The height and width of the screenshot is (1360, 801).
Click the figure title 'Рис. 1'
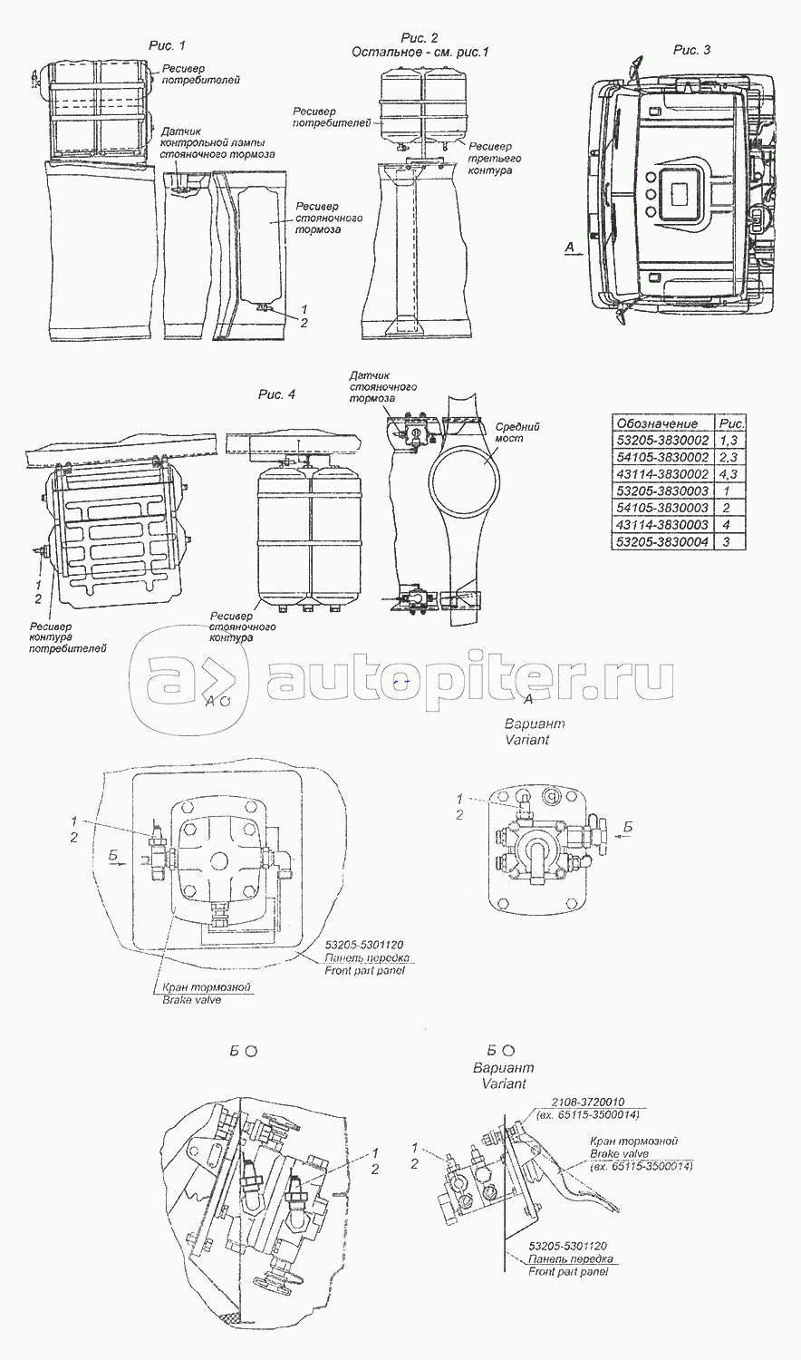pos(167,45)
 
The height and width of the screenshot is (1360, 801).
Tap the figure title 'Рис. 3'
pos(691,50)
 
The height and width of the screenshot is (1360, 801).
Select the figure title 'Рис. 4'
pos(276,394)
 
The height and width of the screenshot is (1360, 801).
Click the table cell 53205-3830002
pos(662,440)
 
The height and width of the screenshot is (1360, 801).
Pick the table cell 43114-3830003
pos(662,525)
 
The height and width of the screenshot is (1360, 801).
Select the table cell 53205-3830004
pos(662,541)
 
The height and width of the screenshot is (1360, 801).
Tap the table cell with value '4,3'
pos(729,474)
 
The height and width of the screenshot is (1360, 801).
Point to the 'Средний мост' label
pos(517,432)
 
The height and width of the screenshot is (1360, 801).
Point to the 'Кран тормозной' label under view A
pos(207,987)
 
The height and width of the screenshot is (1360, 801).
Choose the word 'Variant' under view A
pos(526,740)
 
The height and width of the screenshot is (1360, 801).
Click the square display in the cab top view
pos(683,193)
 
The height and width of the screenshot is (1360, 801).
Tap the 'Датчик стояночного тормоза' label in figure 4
pos(383,387)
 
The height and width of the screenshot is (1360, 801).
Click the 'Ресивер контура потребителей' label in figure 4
pos(68,637)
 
